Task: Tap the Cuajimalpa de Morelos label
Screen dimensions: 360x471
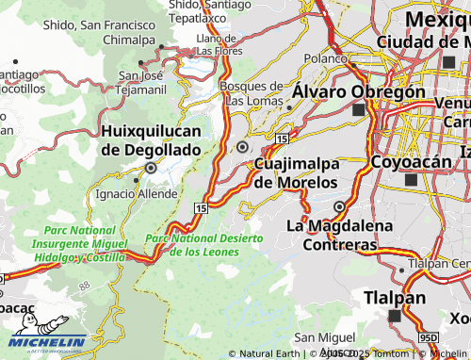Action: [x=296, y=172]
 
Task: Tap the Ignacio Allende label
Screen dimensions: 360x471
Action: [x=136, y=193]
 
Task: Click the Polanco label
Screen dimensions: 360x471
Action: [x=327, y=57]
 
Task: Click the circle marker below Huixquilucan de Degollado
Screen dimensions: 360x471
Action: [x=149, y=169]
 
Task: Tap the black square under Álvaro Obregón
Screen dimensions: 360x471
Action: [x=358, y=110]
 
